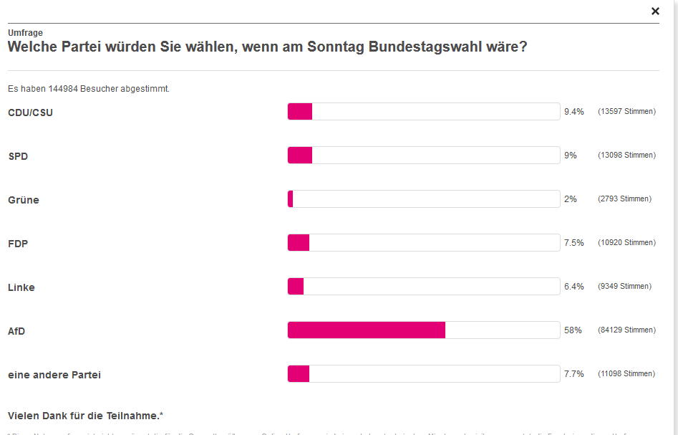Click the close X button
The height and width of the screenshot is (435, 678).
coord(655,11)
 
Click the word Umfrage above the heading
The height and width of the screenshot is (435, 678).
coord(25,33)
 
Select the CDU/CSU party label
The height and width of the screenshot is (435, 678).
coord(30,113)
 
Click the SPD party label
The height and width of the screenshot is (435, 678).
coord(18,156)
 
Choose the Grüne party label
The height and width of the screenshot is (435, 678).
coord(24,200)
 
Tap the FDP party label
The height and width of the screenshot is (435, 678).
coord(19,244)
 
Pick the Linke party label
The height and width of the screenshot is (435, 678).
coord(21,287)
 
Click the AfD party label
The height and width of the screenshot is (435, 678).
coord(17,331)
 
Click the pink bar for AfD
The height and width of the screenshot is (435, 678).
coord(367,330)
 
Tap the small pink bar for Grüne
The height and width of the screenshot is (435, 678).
coord(291,199)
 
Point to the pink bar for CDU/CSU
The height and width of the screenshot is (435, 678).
coord(300,111)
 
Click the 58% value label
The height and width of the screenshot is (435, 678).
coord(573,330)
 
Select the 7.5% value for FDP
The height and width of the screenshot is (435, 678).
coord(574,243)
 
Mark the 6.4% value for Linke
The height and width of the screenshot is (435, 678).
coord(574,287)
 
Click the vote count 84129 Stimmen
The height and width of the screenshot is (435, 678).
coord(626,330)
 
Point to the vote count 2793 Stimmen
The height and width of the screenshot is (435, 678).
coord(624,199)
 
